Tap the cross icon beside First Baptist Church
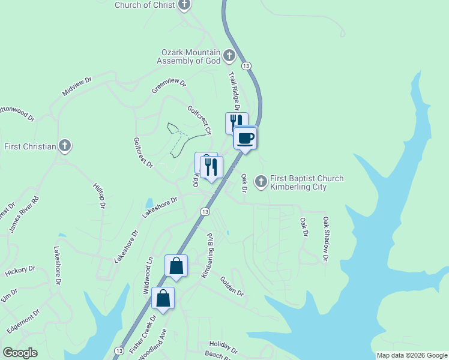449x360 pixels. pos(261,181)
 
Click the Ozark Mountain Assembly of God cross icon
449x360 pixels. pos(229,56)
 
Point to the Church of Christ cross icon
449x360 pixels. pos(184,5)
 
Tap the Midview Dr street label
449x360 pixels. pos(77,86)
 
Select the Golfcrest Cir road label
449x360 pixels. pos(200,120)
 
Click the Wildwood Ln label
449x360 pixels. pos(148,275)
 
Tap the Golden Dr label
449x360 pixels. pos(232,286)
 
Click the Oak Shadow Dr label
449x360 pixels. pos(325,239)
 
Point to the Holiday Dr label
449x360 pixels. pos(223,346)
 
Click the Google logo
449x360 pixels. pos(20,353)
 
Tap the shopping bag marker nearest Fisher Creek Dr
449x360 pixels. pos(163,297)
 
